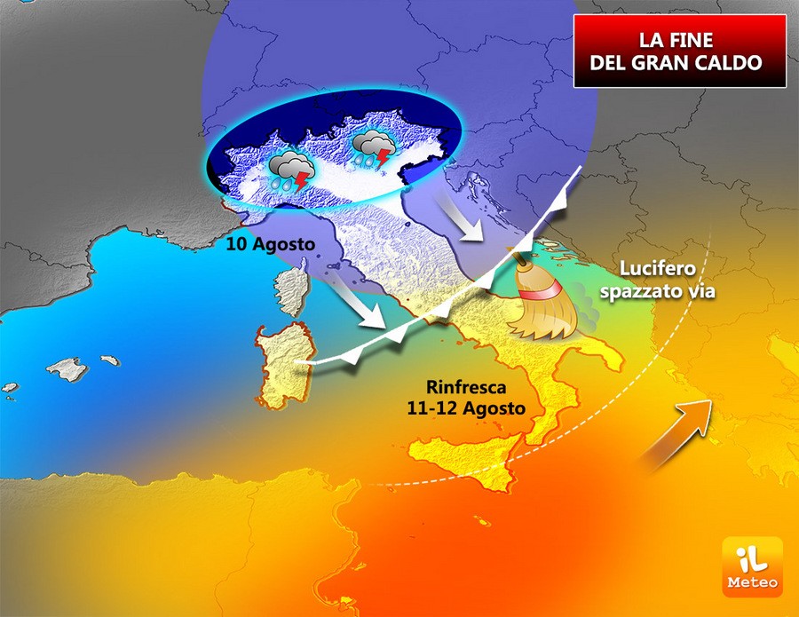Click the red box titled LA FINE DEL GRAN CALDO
(x=681, y=51)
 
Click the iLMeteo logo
(x=751, y=566)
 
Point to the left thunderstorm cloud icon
(x=291, y=170)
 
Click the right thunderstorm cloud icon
(x=371, y=149)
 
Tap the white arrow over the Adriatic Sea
(x=463, y=217)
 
